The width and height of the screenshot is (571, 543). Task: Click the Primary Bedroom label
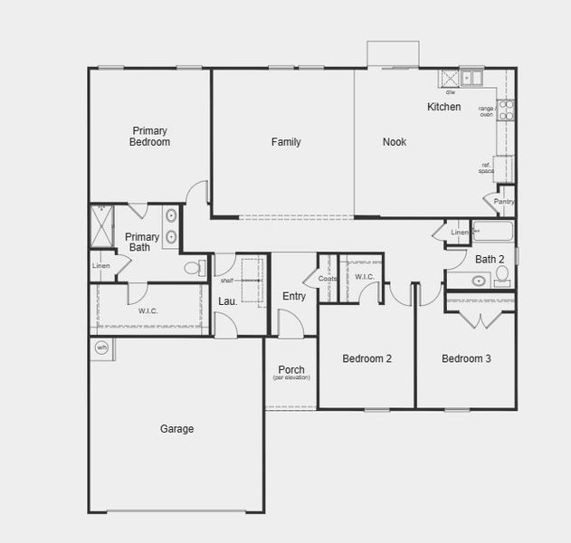149,136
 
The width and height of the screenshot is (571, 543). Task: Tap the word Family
286,142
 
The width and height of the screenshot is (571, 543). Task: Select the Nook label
395,142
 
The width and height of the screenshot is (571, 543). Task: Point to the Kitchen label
443,107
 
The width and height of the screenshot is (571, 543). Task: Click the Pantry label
504,201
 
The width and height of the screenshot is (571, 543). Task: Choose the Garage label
176,429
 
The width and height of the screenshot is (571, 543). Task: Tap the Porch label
291,369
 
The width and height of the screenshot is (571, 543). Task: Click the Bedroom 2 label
366,358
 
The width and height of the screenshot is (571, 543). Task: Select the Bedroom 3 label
466,358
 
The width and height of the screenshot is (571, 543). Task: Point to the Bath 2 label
490,259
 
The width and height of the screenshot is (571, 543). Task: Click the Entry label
294,296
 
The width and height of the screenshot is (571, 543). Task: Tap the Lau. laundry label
227,300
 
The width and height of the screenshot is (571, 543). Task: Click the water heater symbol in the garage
101,347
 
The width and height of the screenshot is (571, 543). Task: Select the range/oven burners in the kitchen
507,110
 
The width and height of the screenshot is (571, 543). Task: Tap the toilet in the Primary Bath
193,268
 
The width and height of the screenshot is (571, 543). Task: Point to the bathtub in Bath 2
492,232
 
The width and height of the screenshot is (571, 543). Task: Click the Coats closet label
328,279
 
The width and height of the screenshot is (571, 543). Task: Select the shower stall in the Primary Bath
101,224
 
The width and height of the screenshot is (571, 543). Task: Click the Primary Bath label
142,242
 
